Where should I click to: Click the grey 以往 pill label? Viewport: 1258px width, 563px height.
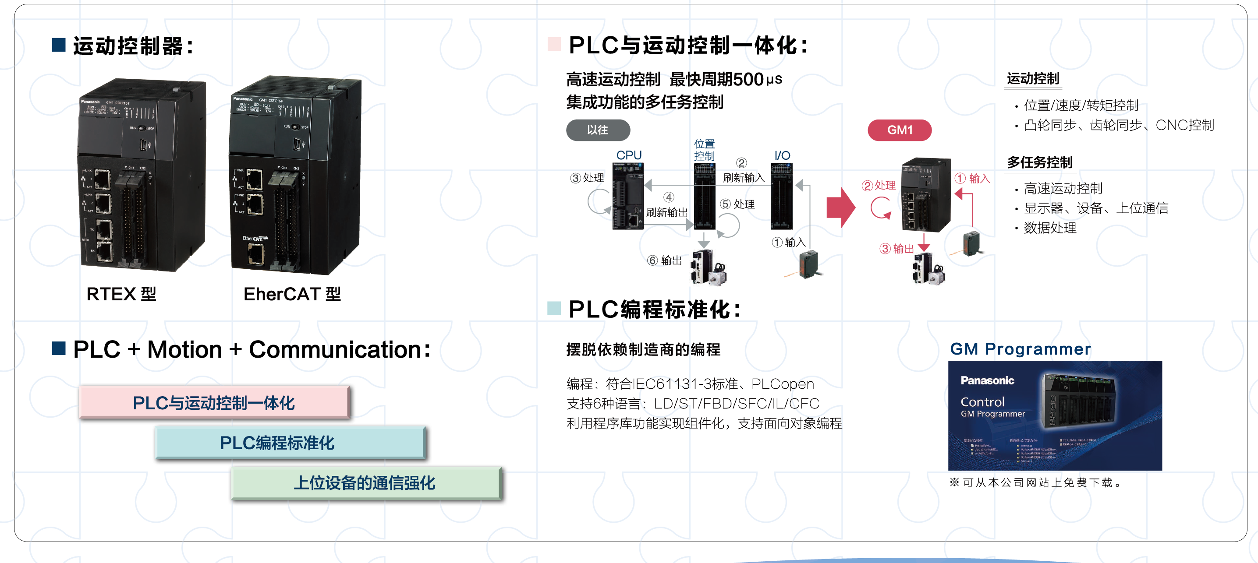(598, 130)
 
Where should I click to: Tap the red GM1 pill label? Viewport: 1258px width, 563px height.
(899, 130)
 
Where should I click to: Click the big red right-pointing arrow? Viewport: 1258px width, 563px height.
(840, 208)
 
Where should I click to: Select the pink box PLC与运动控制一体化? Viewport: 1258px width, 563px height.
(214, 402)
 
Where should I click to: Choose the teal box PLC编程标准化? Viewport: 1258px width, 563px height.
(291, 443)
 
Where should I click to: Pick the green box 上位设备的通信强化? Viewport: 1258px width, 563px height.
(366, 482)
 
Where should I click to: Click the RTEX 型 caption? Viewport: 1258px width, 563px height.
(121, 294)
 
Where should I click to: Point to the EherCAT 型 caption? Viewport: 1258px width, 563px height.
(292, 294)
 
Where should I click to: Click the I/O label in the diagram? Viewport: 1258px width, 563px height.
(782, 155)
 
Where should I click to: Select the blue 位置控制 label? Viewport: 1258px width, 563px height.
(704, 150)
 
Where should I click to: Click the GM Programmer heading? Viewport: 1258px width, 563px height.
(1020, 349)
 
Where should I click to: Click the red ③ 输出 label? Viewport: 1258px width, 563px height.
(896, 249)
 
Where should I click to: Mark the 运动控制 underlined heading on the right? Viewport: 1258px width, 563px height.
(1033, 78)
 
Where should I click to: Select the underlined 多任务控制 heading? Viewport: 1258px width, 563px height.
(1040, 162)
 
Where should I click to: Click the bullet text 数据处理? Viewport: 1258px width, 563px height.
(1050, 228)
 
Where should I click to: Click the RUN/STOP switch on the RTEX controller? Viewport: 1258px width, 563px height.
(142, 128)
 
